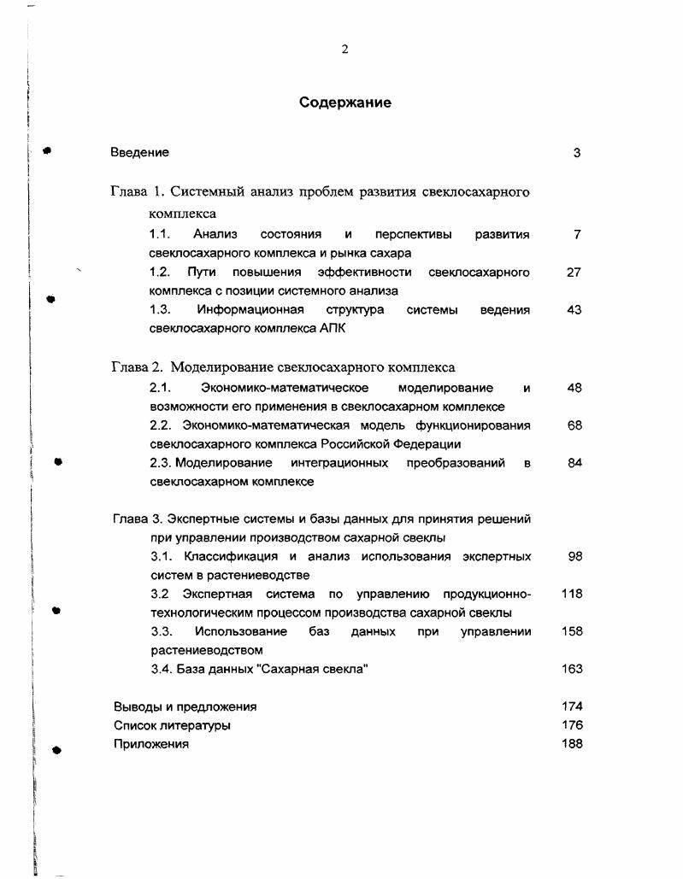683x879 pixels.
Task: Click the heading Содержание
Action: tap(345, 103)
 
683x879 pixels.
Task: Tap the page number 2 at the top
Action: tap(344, 50)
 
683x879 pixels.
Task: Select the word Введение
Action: tap(139, 153)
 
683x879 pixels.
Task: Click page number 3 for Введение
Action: tap(577, 153)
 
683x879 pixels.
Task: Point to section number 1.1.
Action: tap(161, 234)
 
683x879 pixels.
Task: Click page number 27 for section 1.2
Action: tap(574, 272)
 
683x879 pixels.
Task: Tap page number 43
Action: tap(574, 310)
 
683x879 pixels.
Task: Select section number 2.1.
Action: tap(162, 388)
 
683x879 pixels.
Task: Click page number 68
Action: tap(574, 425)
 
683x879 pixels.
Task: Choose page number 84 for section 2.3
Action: tap(574, 463)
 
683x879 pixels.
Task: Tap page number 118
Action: tap(572, 595)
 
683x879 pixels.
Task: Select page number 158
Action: tap(572, 632)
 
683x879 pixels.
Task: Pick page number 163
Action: tap(572, 670)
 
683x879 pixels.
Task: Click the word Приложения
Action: tap(151, 744)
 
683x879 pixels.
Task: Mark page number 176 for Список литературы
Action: tap(572, 726)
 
